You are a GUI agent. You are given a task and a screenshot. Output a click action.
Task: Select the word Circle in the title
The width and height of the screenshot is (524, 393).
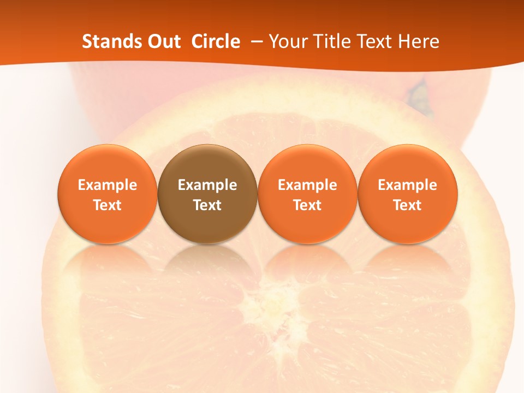click(216, 41)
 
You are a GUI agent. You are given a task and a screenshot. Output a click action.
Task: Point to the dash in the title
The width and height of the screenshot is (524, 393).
click(254, 41)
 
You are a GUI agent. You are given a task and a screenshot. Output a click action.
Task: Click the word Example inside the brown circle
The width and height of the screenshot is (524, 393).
click(207, 185)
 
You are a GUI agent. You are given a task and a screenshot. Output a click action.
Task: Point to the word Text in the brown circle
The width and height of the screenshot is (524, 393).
click(207, 205)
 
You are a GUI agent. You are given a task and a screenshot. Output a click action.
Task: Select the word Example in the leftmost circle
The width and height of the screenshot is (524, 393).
click(108, 185)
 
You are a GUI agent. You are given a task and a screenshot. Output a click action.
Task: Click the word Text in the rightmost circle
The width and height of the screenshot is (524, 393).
click(408, 205)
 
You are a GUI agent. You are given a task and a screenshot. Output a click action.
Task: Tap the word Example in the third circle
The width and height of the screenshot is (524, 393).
click(307, 185)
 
